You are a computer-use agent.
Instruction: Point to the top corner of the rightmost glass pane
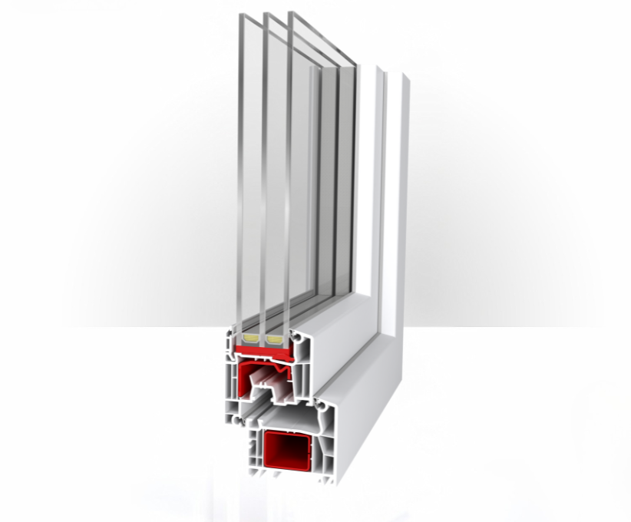(x=290, y=13)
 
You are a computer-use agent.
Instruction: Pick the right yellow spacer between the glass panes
(x=273, y=338)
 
